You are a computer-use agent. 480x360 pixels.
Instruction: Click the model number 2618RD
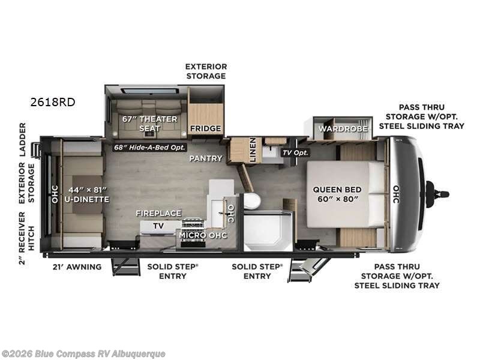(53, 102)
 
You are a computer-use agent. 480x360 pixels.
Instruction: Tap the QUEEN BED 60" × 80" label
(337, 194)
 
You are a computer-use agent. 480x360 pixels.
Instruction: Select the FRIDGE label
(205, 128)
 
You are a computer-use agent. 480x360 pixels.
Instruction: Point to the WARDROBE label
(343, 128)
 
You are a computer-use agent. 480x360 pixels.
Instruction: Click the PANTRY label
(206, 158)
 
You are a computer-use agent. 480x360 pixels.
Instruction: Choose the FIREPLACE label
(158, 213)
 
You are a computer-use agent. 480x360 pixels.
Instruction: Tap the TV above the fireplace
(158, 226)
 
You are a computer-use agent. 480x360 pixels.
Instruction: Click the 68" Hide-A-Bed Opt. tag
(149, 147)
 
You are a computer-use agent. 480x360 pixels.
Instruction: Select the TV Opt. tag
(295, 152)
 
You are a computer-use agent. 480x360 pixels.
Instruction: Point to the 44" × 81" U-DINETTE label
(87, 194)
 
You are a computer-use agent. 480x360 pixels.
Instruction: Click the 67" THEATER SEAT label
(149, 124)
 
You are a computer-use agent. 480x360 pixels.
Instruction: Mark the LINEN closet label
(253, 149)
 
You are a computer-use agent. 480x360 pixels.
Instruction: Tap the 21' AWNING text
(77, 266)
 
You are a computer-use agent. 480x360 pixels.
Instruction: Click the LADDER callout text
(23, 140)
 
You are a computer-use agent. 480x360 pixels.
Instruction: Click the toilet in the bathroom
(251, 201)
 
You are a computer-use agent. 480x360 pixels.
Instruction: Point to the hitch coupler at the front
(437, 194)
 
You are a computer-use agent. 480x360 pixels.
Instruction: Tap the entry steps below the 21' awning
(125, 266)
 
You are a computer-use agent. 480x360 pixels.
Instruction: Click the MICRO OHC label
(203, 235)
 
